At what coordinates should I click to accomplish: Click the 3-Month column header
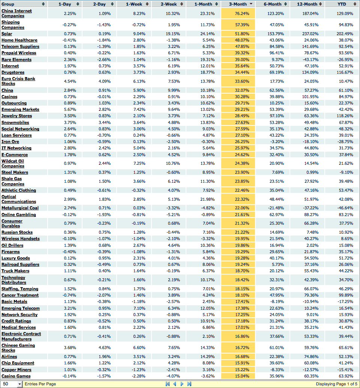point(237,4)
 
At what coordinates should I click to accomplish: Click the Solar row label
point(7,34)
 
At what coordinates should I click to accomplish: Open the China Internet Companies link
point(16,13)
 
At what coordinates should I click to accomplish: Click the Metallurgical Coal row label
point(20,208)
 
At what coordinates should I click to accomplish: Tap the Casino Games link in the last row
point(16,376)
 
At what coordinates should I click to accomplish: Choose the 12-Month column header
point(307,4)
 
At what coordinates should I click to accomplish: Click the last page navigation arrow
point(189,384)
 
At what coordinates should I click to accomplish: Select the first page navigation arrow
point(168,384)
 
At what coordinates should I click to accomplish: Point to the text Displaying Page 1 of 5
point(336,384)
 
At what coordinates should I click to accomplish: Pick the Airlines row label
point(9,357)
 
